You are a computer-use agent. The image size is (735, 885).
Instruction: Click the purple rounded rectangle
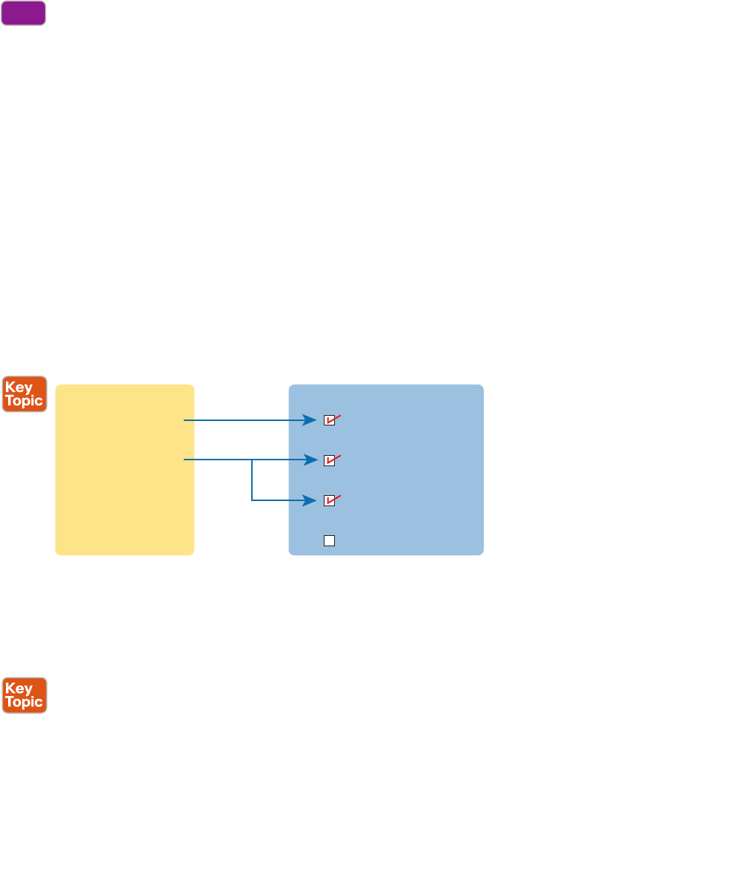24,13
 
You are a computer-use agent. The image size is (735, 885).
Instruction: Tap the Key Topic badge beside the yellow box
24,394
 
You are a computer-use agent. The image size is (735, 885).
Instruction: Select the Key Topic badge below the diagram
24,695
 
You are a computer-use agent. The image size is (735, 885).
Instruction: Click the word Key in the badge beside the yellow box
19,388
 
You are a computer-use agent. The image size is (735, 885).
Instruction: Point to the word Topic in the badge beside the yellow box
24,401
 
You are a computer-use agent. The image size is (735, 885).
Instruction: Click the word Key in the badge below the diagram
19,689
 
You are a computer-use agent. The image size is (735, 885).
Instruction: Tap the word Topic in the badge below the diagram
24,702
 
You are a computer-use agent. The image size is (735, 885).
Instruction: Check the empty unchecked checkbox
330,540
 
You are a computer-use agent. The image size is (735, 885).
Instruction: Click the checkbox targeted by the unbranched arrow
330,421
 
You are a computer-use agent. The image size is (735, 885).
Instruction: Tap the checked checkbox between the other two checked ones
330,460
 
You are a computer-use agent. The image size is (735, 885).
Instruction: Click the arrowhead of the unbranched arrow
312,421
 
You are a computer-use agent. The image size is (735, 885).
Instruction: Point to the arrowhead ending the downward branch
312,500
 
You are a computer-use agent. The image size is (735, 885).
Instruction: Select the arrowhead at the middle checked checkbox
312,460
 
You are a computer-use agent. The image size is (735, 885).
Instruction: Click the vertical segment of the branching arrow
253,480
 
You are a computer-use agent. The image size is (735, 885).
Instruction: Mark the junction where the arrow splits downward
253,460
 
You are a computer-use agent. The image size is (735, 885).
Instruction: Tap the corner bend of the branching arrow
253,500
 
